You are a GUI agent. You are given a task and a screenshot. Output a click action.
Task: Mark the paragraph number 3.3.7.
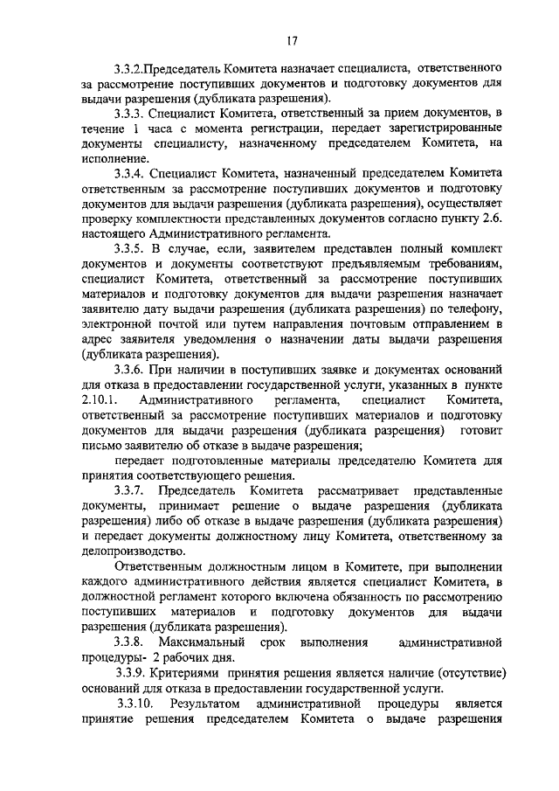point(129,491)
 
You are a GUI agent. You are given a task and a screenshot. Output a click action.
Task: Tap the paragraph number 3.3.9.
point(130,675)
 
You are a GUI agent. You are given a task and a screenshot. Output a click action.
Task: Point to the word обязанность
point(349,598)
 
